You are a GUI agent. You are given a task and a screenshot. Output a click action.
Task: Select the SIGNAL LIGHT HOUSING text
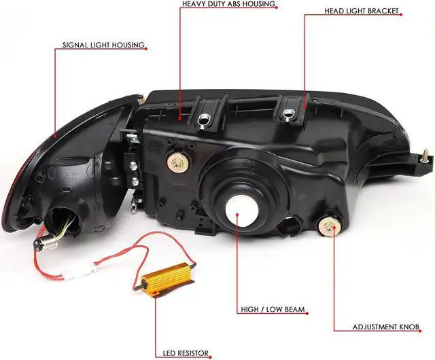pos(103,46)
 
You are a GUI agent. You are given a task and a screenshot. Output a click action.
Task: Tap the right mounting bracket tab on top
pos(292,109)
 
